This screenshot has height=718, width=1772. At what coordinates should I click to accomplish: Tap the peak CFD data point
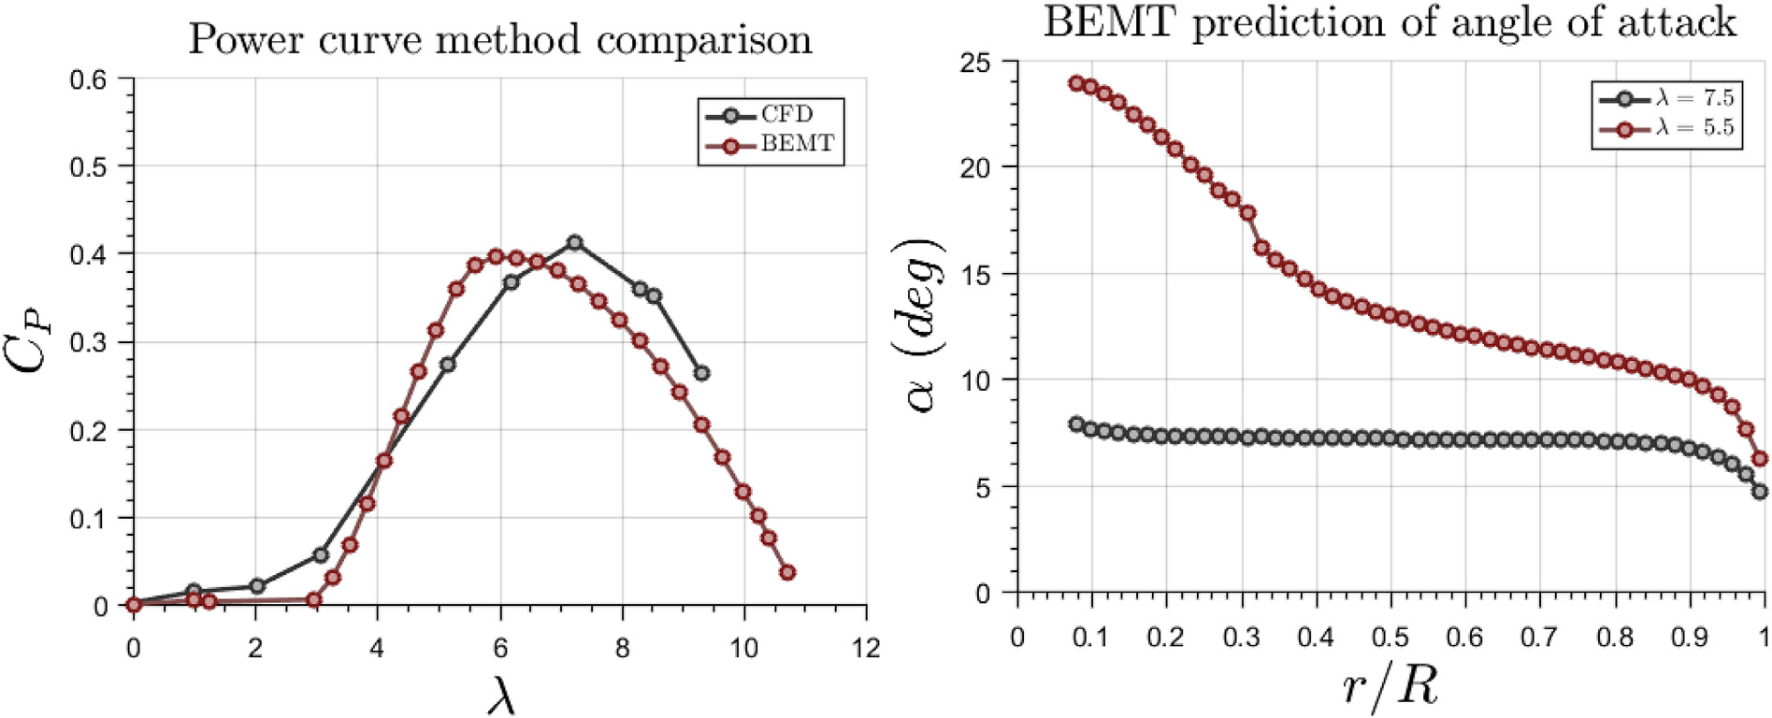(575, 243)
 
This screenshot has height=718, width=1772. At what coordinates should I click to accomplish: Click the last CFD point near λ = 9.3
(701, 373)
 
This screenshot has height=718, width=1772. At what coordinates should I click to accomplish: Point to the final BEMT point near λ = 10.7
(787, 572)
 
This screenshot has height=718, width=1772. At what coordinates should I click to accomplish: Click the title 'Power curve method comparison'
(500, 40)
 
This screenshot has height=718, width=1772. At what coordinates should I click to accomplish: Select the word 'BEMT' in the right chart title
(1109, 22)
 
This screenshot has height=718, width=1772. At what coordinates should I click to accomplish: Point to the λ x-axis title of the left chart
(500, 694)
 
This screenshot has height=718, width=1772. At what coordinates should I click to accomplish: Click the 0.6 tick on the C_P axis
(89, 79)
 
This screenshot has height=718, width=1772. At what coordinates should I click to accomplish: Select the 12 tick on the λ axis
(866, 648)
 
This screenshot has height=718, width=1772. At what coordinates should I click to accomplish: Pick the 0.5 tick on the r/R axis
(1390, 637)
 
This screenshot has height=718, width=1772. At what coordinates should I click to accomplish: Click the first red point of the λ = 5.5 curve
(1076, 83)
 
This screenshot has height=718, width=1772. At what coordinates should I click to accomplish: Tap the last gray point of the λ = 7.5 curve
(1760, 492)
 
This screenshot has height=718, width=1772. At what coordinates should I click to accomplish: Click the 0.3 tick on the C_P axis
(89, 342)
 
